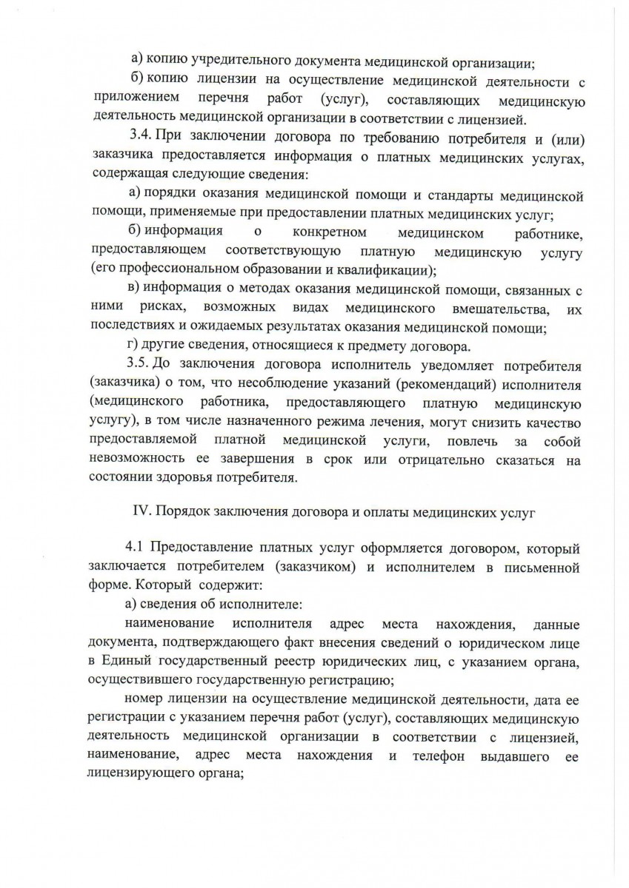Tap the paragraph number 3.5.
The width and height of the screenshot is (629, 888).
coord(140,365)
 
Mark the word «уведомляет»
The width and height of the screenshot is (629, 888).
coord(400,365)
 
